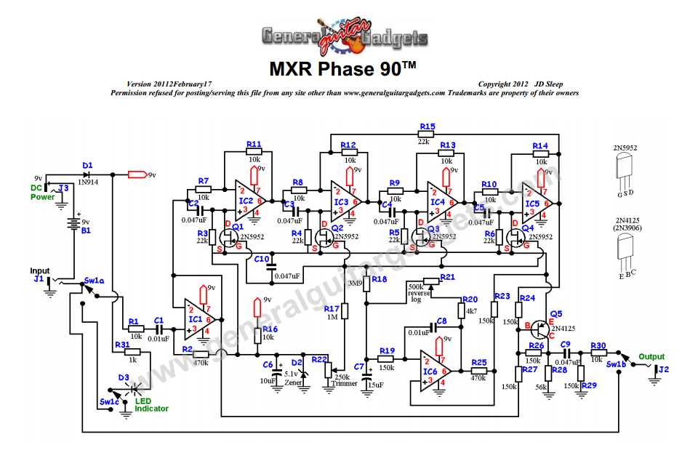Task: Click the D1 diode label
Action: point(87,166)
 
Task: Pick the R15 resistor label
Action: point(428,127)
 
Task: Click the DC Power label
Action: point(42,192)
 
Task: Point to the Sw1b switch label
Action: point(615,363)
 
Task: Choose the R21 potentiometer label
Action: point(447,277)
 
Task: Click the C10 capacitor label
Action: point(262,258)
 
